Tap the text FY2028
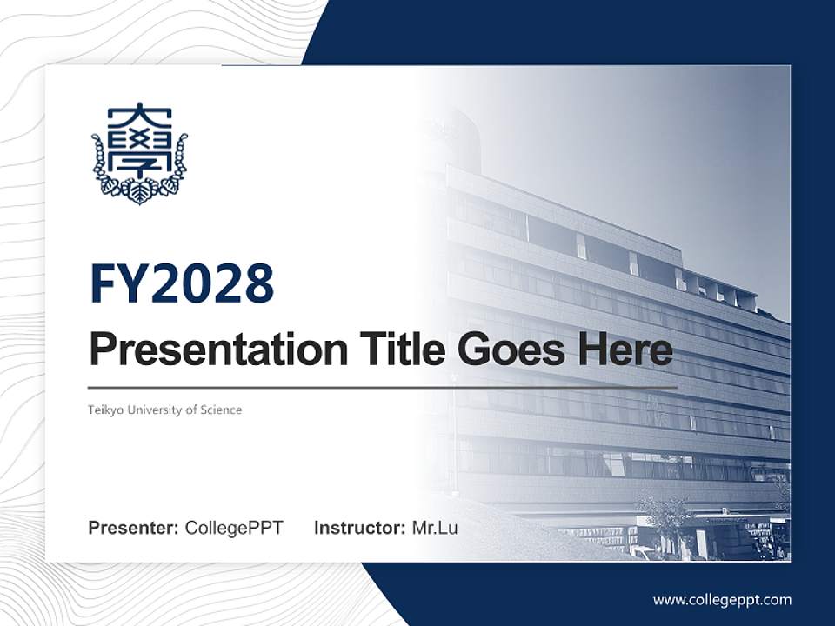(x=182, y=283)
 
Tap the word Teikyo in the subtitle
(x=105, y=410)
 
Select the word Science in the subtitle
(x=222, y=410)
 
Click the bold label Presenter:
(x=134, y=528)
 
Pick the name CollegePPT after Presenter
(x=234, y=528)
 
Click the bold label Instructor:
(x=359, y=528)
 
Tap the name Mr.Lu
(x=434, y=528)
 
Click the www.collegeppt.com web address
(x=722, y=599)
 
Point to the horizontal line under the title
(x=383, y=387)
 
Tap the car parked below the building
(x=644, y=552)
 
